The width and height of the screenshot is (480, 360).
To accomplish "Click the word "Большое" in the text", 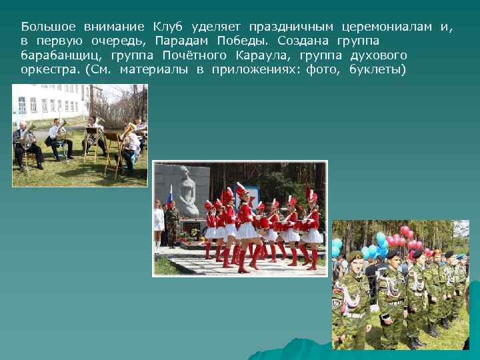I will (49, 27).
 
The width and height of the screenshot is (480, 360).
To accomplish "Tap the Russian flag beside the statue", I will (169, 198).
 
